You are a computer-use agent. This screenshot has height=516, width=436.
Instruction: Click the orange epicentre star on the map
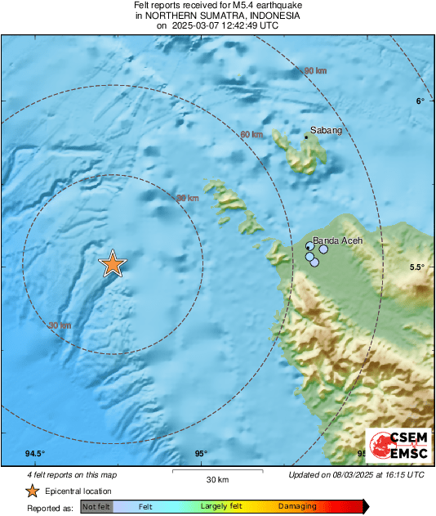(113, 264)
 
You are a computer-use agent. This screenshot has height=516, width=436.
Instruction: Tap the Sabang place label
(325, 130)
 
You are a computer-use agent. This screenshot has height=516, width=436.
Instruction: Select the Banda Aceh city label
(337, 240)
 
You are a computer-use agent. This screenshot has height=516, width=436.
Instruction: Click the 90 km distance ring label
(315, 72)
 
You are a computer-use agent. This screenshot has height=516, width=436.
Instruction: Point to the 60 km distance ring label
(251, 134)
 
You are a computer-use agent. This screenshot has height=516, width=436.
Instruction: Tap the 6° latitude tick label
(420, 101)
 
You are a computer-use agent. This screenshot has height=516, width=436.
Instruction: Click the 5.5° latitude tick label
(416, 267)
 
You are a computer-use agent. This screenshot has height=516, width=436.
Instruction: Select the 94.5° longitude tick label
(34, 454)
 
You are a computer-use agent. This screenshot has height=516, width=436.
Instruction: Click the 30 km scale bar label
(216, 479)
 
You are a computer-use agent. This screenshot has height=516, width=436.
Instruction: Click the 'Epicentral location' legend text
(78, 491)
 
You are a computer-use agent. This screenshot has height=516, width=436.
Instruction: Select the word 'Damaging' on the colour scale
(296, 507)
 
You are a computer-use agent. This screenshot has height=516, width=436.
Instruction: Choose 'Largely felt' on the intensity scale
(220, 507)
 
